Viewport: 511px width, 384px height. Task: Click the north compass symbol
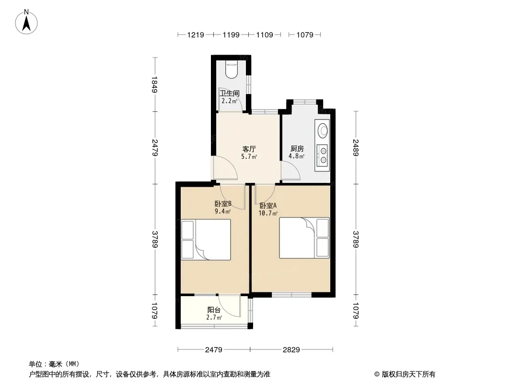point(28,22)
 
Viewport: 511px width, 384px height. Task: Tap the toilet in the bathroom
point(231,71)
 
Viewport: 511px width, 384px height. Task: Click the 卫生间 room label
point(229,93)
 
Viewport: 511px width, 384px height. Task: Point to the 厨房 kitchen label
point(296,149)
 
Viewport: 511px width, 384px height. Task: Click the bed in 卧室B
point(205,240)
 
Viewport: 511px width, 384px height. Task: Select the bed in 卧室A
point(304,238)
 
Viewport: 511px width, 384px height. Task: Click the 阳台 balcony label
point(214,310)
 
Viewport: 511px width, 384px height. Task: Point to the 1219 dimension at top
point(196,35)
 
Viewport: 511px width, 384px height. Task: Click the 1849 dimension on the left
point(154,84)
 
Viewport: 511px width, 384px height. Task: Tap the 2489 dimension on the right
point(356,146)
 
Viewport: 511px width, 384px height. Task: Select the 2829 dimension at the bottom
point(291,350)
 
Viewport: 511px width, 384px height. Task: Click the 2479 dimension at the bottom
point(214,350)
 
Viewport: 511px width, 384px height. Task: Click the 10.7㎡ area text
point(268,213)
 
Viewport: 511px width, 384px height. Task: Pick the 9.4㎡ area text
point(223,210)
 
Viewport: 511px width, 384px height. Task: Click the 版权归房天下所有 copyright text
point(408,374)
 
